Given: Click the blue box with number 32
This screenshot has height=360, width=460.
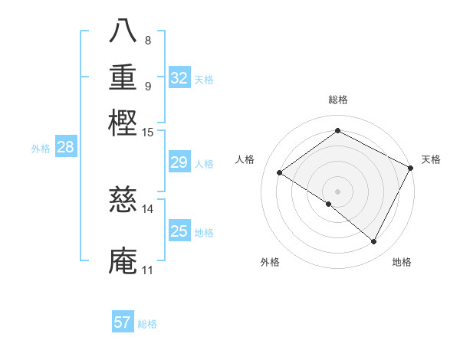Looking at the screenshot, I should (179, 78).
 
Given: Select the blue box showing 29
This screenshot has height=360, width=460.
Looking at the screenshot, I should (179, 162).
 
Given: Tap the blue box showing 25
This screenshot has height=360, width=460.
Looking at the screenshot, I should (179, 231).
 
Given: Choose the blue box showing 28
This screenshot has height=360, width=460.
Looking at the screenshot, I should (65, 147).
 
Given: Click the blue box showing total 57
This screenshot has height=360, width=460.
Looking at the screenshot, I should (123, 322).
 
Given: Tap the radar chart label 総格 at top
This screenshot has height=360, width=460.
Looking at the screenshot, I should (337, 100).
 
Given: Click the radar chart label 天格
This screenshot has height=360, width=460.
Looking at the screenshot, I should (431, 159).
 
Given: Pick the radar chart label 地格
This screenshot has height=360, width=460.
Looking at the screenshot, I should (402, 262).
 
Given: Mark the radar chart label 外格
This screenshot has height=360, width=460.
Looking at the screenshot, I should (270, 262).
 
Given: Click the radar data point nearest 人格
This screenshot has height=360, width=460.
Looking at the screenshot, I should (280, 172).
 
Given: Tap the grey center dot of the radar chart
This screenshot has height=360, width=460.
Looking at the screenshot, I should (337, 191).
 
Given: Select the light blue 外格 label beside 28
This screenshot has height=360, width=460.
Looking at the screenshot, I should (41, 149).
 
